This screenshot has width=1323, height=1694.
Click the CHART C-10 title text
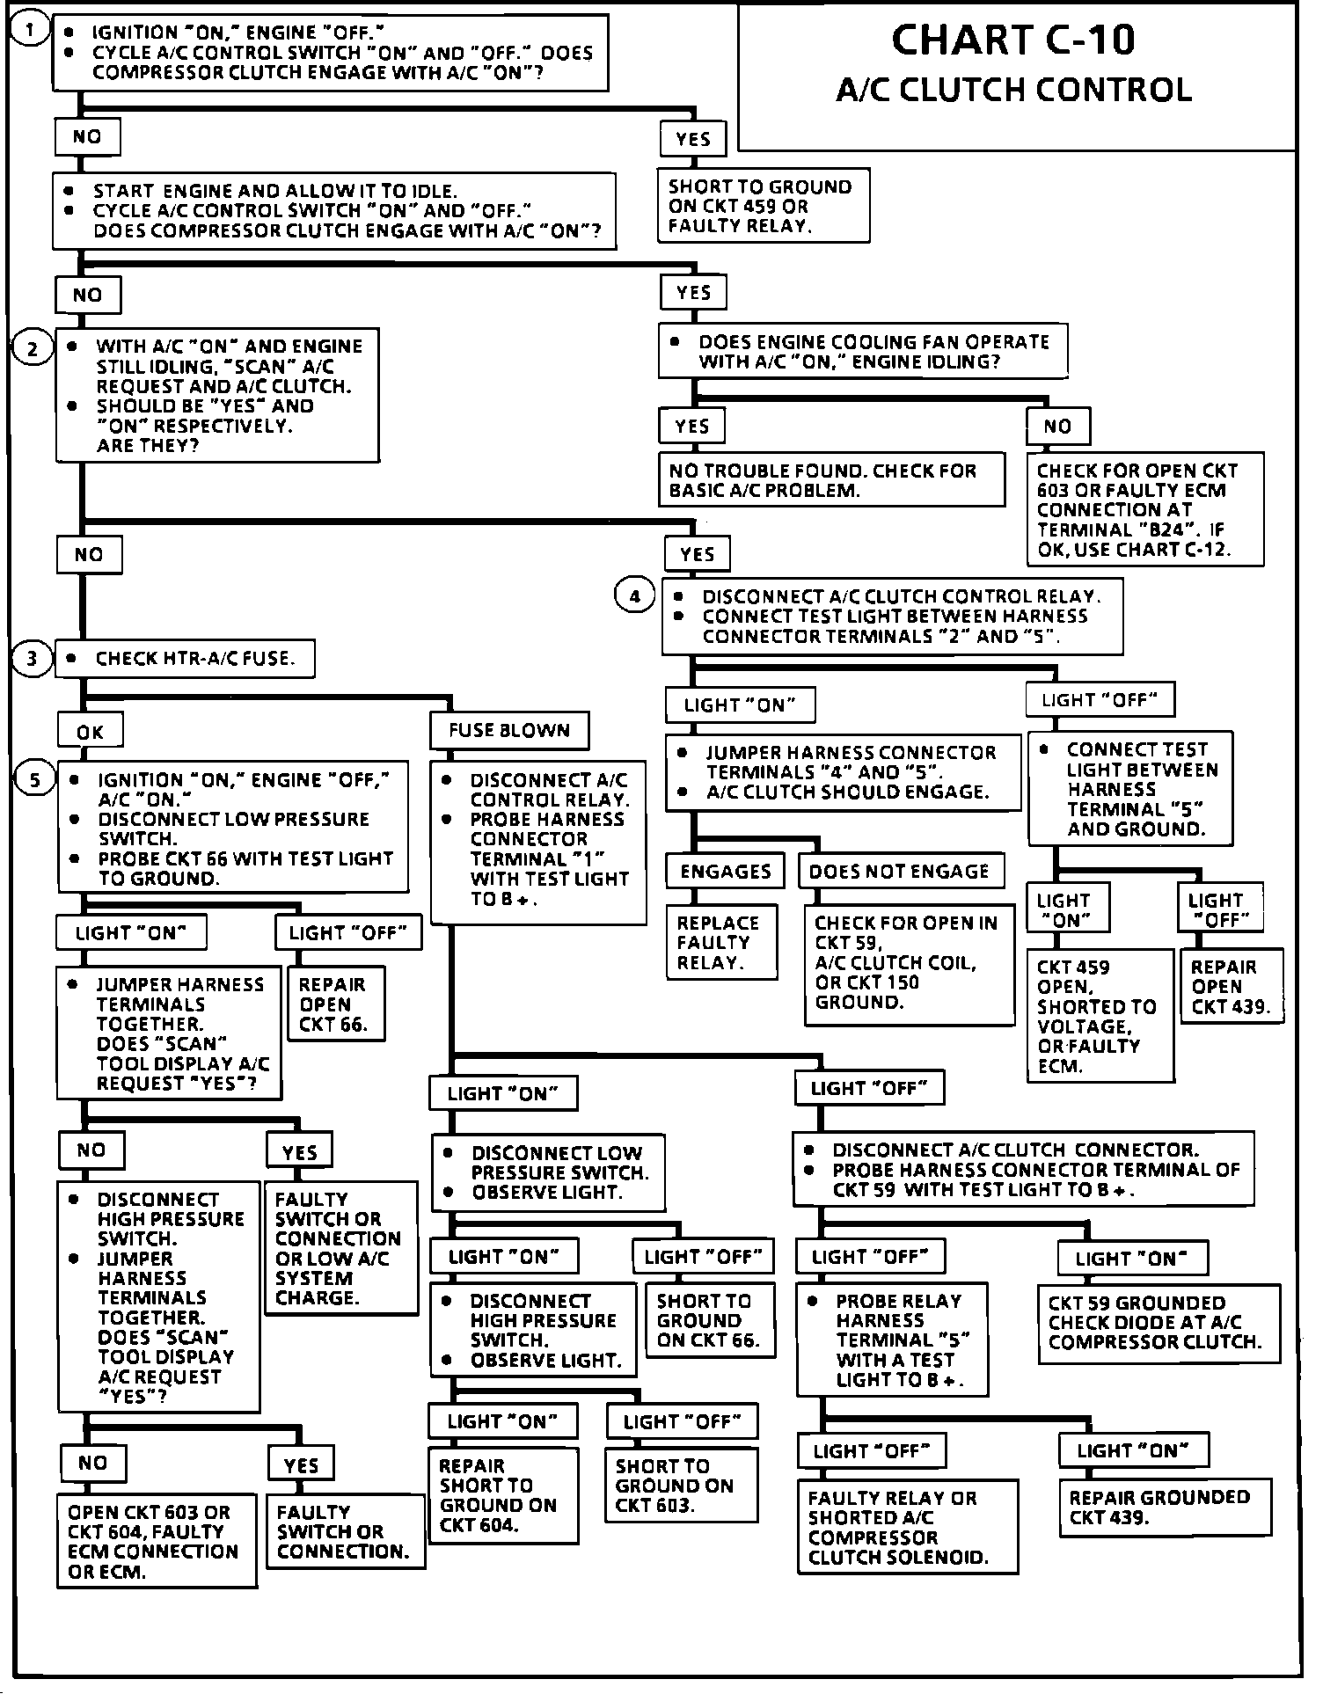[1013, 40]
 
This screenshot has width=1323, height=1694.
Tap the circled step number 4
[634, 596]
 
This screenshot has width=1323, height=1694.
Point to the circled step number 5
[34, 780]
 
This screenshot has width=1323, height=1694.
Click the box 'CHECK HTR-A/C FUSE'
[185, 659]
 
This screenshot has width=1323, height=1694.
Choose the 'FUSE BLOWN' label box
[508, 730]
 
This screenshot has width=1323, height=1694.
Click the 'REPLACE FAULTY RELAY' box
[720, 942]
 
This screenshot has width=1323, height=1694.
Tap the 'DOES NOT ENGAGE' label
[900, 872]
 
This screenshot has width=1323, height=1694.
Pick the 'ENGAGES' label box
[726, 872]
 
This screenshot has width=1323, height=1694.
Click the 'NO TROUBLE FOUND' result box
[830, 480]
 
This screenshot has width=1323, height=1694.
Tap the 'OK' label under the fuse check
[90, 731]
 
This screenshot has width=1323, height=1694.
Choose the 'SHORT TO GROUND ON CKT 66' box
[710, 1320]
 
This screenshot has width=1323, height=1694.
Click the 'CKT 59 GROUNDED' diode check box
[1158, 1323]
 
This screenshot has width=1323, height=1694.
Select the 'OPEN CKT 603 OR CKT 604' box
[156, 1541]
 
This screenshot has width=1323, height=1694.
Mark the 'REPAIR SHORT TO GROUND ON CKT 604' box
[502, 1494]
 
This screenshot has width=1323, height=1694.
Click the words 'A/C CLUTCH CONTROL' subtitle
[1013, 91]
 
